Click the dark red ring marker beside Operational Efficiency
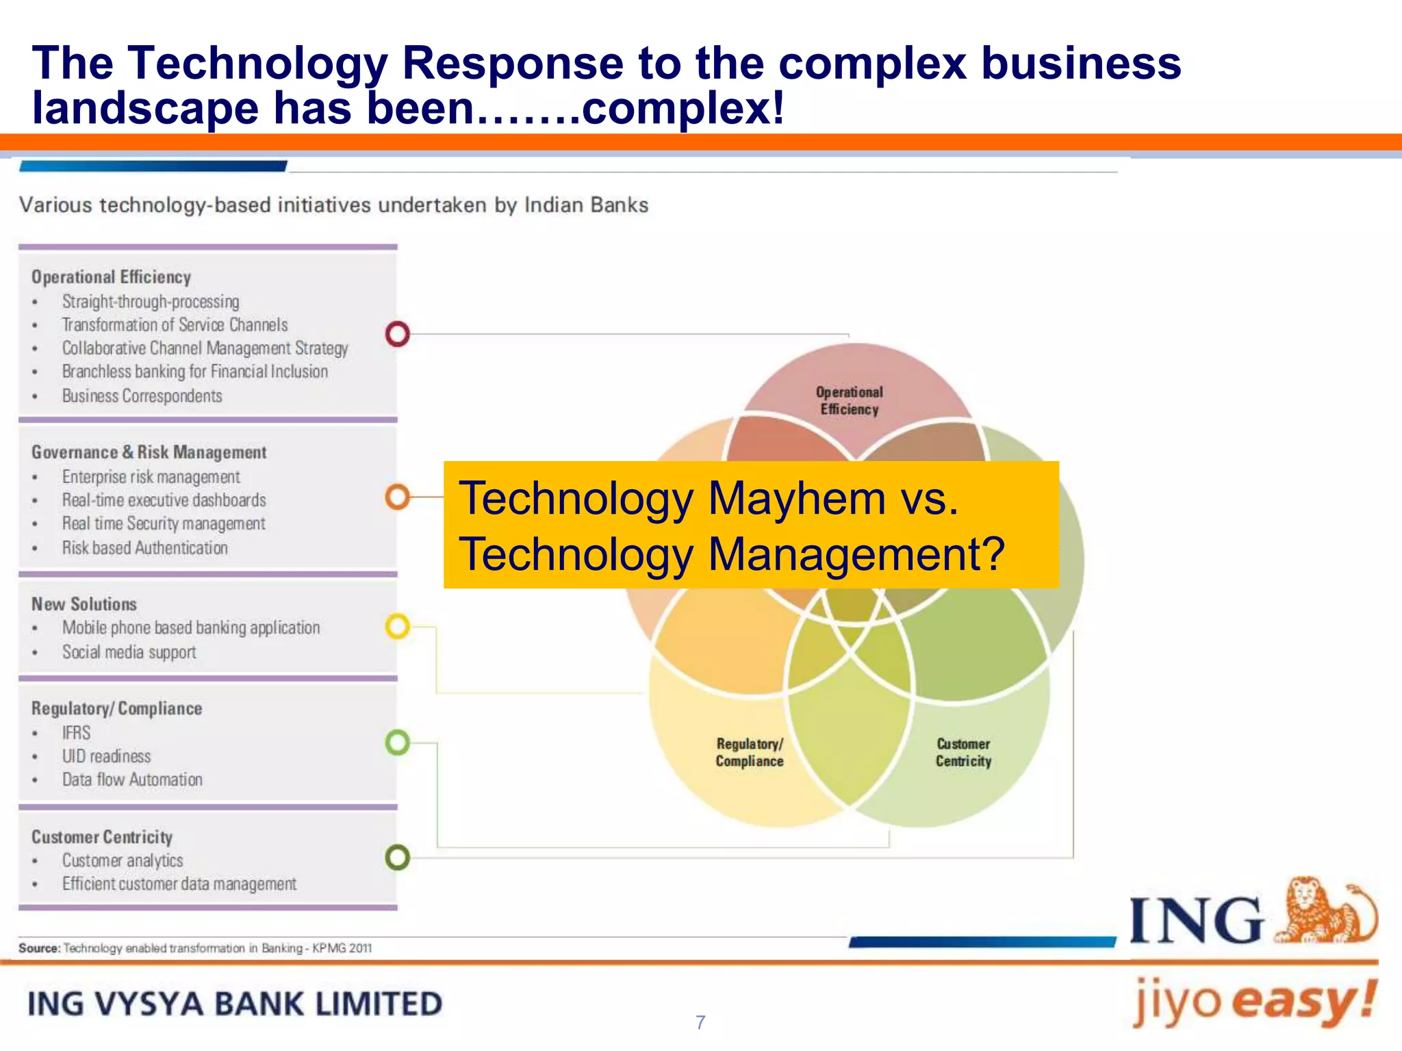[398, 334]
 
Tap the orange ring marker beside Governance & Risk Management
[398, 497]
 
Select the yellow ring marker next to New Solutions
[398, 626]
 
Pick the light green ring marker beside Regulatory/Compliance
[398, 742]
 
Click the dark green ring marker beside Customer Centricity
[398, 857]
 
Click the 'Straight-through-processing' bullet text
[151, 302]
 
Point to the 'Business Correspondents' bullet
[142, 396]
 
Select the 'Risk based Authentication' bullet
[144, 548]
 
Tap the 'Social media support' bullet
[129, 652]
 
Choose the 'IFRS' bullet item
[76, 733]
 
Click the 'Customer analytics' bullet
[123, 861]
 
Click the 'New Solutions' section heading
[84, 604]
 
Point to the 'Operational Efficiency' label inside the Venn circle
[850, 401]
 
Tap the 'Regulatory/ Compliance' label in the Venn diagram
[750, 753]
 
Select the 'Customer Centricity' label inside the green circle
[963, 753]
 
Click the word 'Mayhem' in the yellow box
[797, 498]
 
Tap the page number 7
[700, 1022]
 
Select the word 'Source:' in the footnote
[40, 948]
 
